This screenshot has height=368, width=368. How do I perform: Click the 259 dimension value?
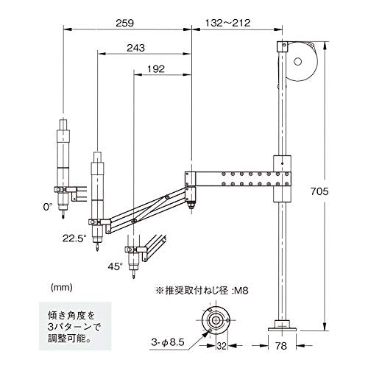pyautogui.click(x=125, y=23)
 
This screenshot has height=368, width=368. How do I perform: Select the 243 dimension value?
pyautogui.click(x=135, y=48)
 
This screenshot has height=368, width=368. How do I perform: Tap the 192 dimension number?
pyautogui.click(x=156, y=69)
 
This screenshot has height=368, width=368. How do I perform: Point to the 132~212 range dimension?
pyautogui.click(x=227, y=23)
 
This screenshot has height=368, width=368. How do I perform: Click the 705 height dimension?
pyautogui.click(x=319, y=191)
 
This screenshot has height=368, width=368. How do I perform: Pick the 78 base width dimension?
pyautogui.click(x=281, y=346)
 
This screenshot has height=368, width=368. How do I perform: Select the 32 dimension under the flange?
pyautogui.click(x=222, y=346)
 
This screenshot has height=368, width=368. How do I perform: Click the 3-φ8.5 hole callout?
pyautogui.click(x=168, y=342)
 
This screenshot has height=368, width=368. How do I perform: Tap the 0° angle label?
pyautogui.click(x=48, y=207)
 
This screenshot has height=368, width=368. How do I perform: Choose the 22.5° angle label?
pyautogui.click(x=74, y=238)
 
